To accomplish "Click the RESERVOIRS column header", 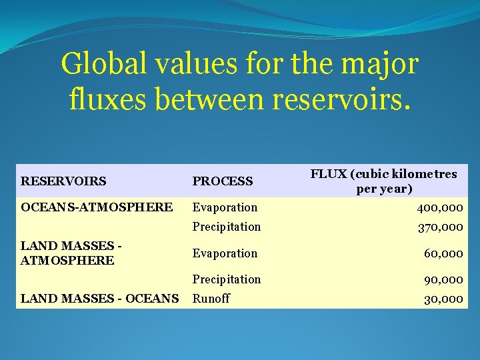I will pyautogui.click(x=63, y=181).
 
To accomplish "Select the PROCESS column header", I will pyautogui.click(x=223, y=181).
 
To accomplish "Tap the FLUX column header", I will pyautogui.click(x=383, y=181).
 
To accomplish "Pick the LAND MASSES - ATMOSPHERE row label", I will pyautogui.click(x=71, y=253).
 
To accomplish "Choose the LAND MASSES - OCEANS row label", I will pyautogui.click(x=99, y=299).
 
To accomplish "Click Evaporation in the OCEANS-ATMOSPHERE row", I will pyautogui.click(x=225, y=207).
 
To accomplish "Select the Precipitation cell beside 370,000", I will pyautogui.click(x=227, y=227).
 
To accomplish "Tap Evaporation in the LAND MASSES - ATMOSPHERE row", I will pyautogui.click(x=225, y=253).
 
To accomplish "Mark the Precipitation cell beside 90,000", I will pyautogui.click(x=227, y=279).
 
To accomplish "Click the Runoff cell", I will pyautogui.click(x=211, y=299).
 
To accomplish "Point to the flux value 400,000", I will pyautogui.click(x=440, y=208).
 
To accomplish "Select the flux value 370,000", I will pyautogui.click(x=440, y=227).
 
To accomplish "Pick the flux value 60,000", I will pyautogui.click(x=443, y=253).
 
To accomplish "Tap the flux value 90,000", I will pyautogui.click(x=443, y=279).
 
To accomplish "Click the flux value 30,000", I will pyautogui.click(x=443, y=299).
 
